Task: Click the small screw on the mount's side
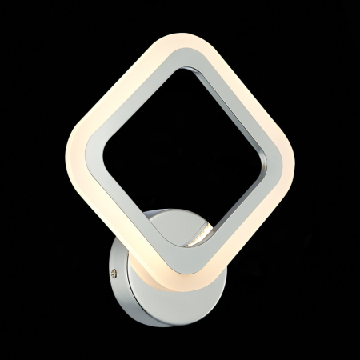[118, 273]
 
